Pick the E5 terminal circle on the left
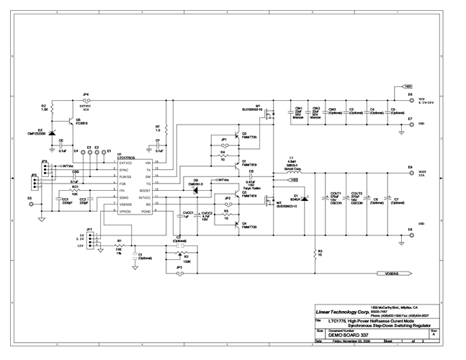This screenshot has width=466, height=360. pyautogui.click(x=30, y=204)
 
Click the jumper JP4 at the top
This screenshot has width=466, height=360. pyautogui.click(x=86, y=101)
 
